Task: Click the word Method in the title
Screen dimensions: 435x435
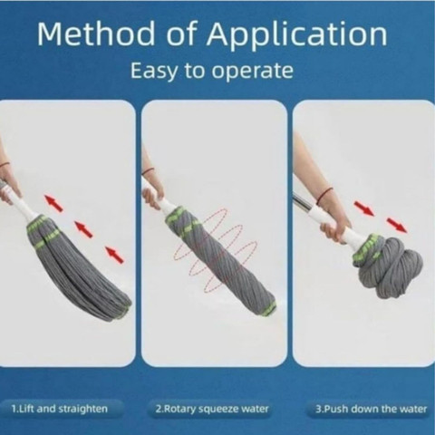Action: [x=95, y=34]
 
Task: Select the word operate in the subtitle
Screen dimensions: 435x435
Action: [x=252, y=72]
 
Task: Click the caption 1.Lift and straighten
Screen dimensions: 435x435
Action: [x=60, y=409]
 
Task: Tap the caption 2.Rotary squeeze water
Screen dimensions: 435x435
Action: [x=212, y=409]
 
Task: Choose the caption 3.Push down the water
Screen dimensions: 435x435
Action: [x=372, y=409]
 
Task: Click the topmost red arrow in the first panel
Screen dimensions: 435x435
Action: [x=53, y=203]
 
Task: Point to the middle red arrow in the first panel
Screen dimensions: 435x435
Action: [x=83, y=228]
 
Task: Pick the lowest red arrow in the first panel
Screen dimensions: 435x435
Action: [x=114, y=255]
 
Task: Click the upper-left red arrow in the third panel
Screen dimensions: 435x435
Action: [x=364, y=209]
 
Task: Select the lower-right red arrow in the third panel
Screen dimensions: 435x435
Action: [x=397, y=225]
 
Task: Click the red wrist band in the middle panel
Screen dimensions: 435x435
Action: [x=147, y=172]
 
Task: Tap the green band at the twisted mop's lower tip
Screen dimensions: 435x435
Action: [x=270, y=307]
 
